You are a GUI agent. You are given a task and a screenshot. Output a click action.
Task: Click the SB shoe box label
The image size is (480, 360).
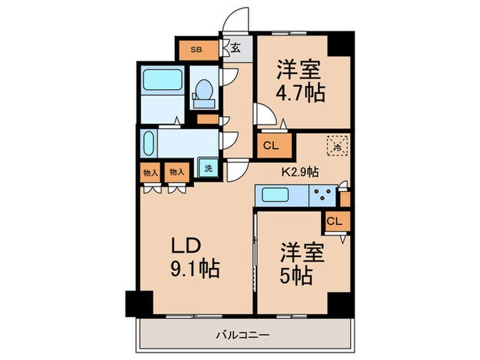tap(196, 49)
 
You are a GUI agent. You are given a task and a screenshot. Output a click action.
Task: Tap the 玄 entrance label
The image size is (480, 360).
tap(235, 49)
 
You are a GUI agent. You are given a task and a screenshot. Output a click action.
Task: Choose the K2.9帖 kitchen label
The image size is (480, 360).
tap(300, 173)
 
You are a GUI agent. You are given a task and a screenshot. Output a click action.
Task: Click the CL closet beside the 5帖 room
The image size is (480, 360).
tap(333, 220)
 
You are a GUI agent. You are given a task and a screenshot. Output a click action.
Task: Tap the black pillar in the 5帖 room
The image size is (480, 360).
tap(339, 302)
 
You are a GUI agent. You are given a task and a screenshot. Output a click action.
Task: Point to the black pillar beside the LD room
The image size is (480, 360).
tap(139, 302)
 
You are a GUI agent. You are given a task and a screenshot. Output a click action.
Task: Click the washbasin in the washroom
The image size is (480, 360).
tap(150, 145)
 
